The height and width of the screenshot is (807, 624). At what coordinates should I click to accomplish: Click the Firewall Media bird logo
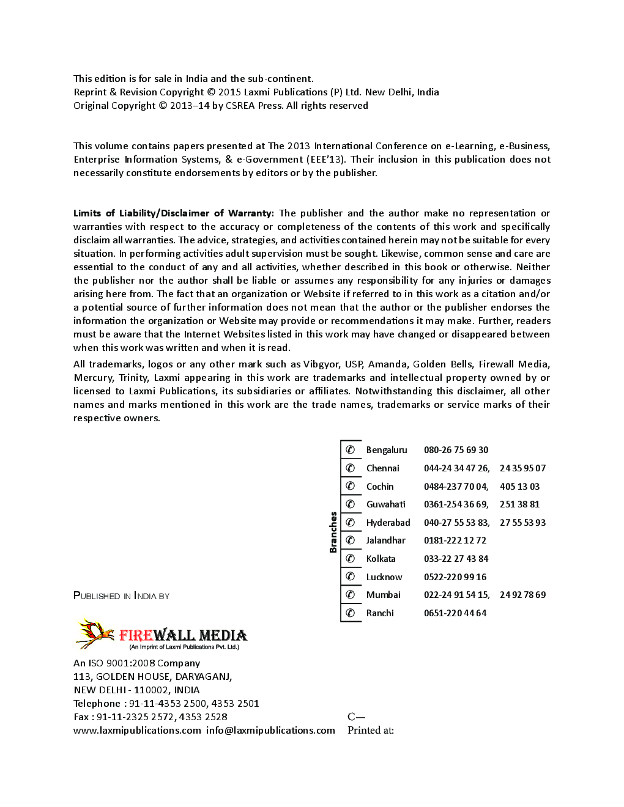coord(94,633)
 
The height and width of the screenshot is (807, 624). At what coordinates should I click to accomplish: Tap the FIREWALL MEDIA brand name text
coord(183,635)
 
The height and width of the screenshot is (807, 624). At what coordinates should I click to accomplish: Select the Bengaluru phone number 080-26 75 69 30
coord(456,450)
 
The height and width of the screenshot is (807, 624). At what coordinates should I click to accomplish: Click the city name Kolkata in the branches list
coord(381,559)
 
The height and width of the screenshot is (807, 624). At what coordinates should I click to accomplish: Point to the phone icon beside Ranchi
coord(351,613)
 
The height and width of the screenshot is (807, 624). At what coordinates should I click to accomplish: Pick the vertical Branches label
coord(333,532)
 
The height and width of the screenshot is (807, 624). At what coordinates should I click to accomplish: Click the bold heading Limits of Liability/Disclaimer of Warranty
coord(173,213)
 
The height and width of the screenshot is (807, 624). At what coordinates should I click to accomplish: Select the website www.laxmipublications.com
coord(137,730)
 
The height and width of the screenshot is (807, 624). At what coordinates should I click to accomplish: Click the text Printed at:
coord(371,730)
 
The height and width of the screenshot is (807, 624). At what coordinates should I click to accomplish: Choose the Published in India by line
coord(121,596)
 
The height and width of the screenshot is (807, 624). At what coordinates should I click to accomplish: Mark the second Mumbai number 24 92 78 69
coord(522,595)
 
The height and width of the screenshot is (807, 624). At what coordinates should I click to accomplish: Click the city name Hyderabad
coord(388,523)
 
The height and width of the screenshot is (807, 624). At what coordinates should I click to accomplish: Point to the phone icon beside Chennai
coord(351,468)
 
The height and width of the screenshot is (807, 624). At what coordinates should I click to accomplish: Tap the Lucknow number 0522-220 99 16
coord(455,577)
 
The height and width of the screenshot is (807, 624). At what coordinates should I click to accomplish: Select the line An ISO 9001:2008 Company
coord(136,663)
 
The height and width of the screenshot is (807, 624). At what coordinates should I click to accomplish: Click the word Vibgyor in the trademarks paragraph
coord(321,364)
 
